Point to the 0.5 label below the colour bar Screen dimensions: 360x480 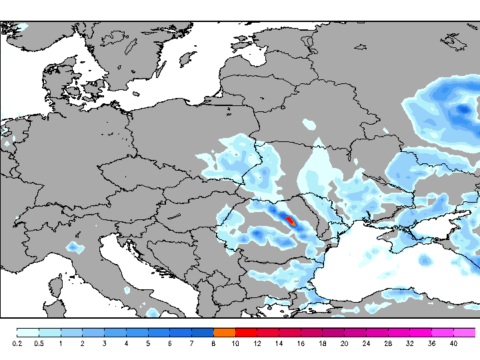[39, 343]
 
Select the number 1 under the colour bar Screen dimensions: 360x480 [61, 343]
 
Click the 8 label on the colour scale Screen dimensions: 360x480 [213, 343]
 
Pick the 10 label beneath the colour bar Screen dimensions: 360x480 [235, 343]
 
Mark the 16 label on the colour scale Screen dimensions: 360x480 [301, 343]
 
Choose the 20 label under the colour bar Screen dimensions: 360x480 [344, 343]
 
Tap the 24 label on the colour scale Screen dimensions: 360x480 [366, 343]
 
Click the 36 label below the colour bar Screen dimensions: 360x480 [431, 343]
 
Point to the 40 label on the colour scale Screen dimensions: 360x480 [453, 343]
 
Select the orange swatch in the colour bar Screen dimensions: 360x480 [224, 332]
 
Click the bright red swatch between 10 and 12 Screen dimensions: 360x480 [246, 332]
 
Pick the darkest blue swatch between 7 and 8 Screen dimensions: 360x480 [202, 332]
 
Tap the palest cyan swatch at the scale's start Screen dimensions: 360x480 [27, 332]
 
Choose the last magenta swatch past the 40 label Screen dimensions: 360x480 [465, 332]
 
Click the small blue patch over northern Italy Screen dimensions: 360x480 [75, 248]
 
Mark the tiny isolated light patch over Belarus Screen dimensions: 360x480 [309, 123]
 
